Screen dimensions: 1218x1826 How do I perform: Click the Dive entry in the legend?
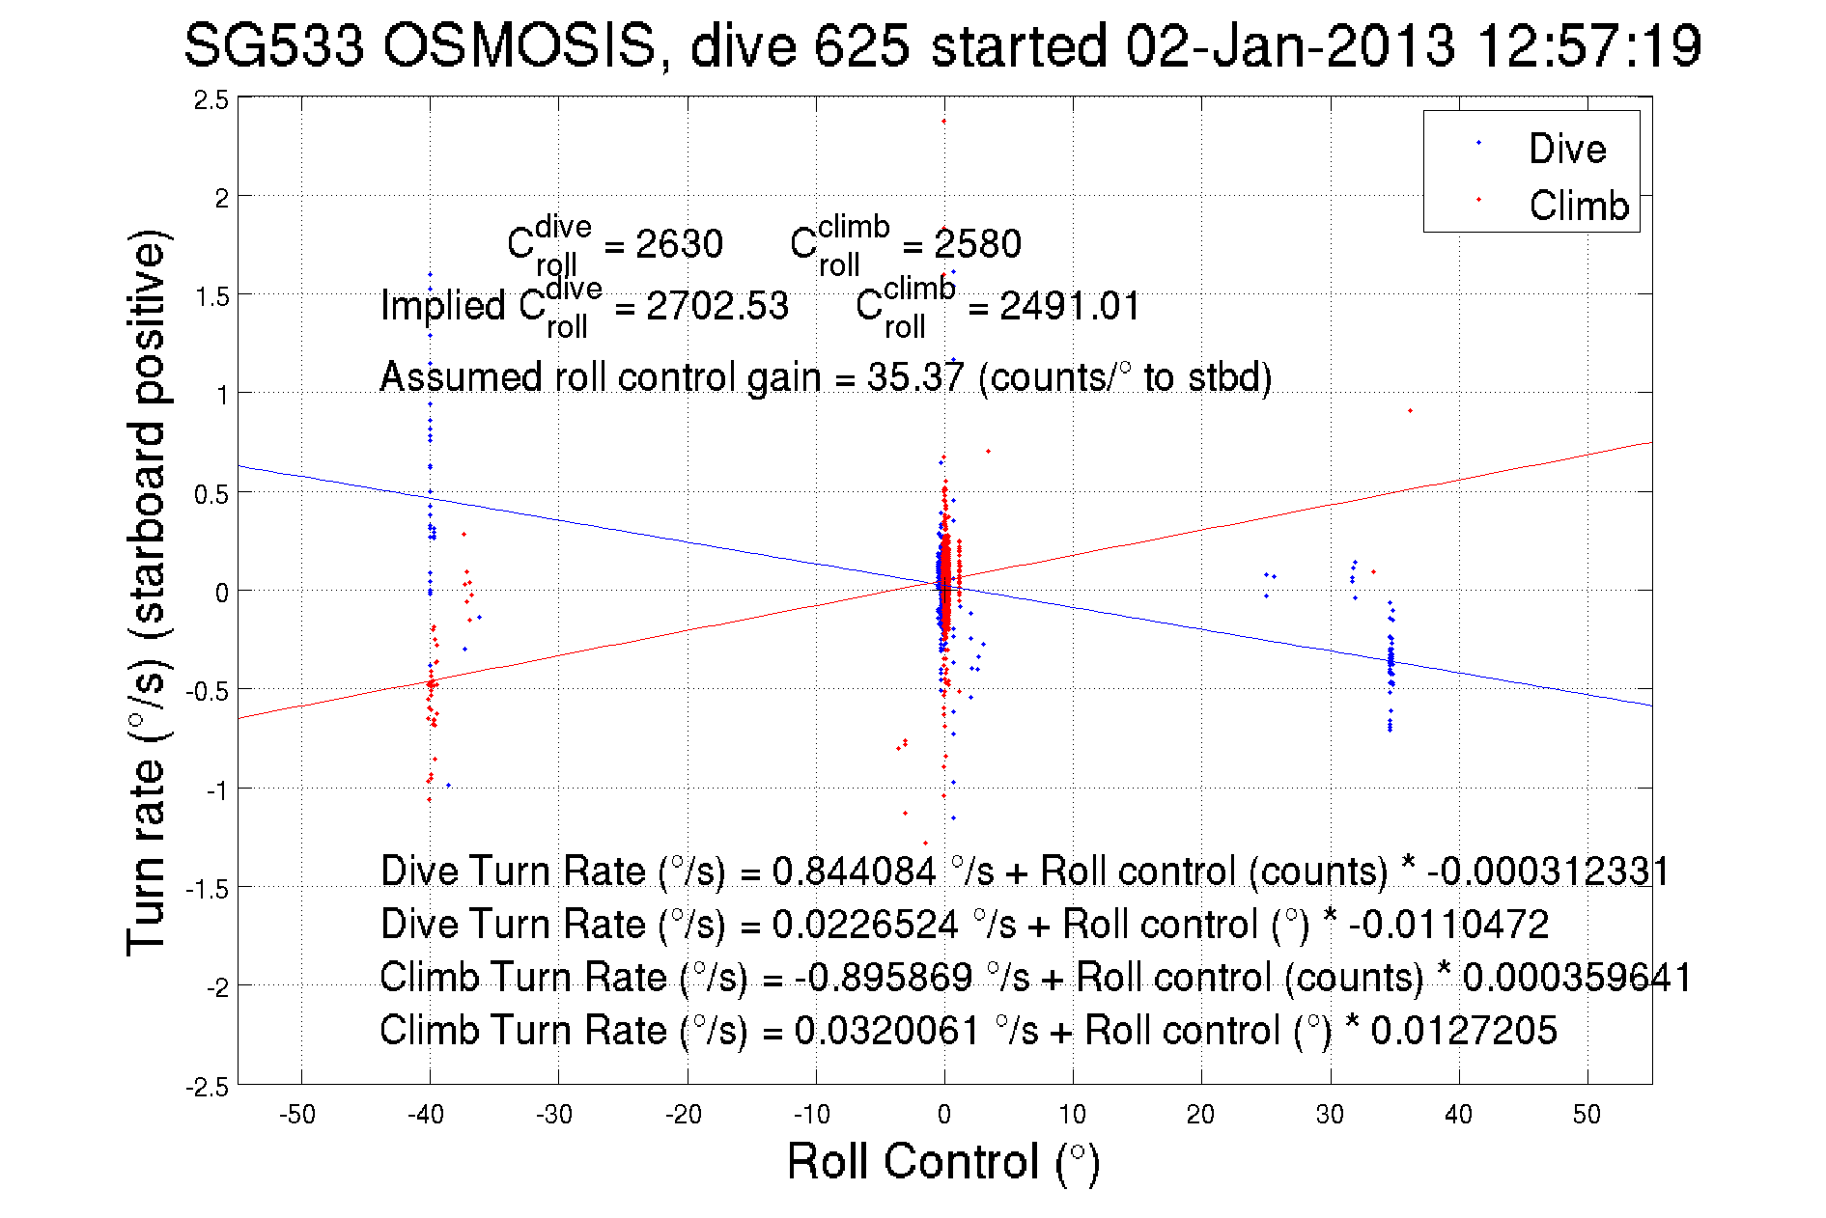click(x=1566, y=149)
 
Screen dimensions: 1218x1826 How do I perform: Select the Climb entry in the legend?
click(x=1578, y=206)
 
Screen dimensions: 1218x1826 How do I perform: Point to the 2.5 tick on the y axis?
click(x=211, y=99)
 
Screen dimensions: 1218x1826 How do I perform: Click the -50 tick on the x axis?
click(x=297, y=1115)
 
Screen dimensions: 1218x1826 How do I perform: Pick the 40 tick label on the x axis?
click(x=1458, y=1115)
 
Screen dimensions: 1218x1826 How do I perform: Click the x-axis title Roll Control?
click(x=942, y=1161)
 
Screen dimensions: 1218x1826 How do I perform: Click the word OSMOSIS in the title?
click(x=520, y=45)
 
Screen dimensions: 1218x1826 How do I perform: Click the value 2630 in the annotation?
click(x=679, y=244)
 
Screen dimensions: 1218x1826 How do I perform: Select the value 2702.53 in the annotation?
click(x=717, y=306)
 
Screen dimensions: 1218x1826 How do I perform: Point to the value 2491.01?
click(x=1070, y=306)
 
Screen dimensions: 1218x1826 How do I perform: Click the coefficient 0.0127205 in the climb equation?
click(x=1464, y=1031)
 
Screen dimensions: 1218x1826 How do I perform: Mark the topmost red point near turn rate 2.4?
click(x=943, y=122)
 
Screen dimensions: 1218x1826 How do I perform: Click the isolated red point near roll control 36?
click(x=1410, y=411)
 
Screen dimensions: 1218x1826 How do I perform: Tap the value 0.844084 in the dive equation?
click(x=854, y=872)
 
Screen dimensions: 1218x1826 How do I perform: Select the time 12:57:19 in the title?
click(x=1589, y=45)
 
